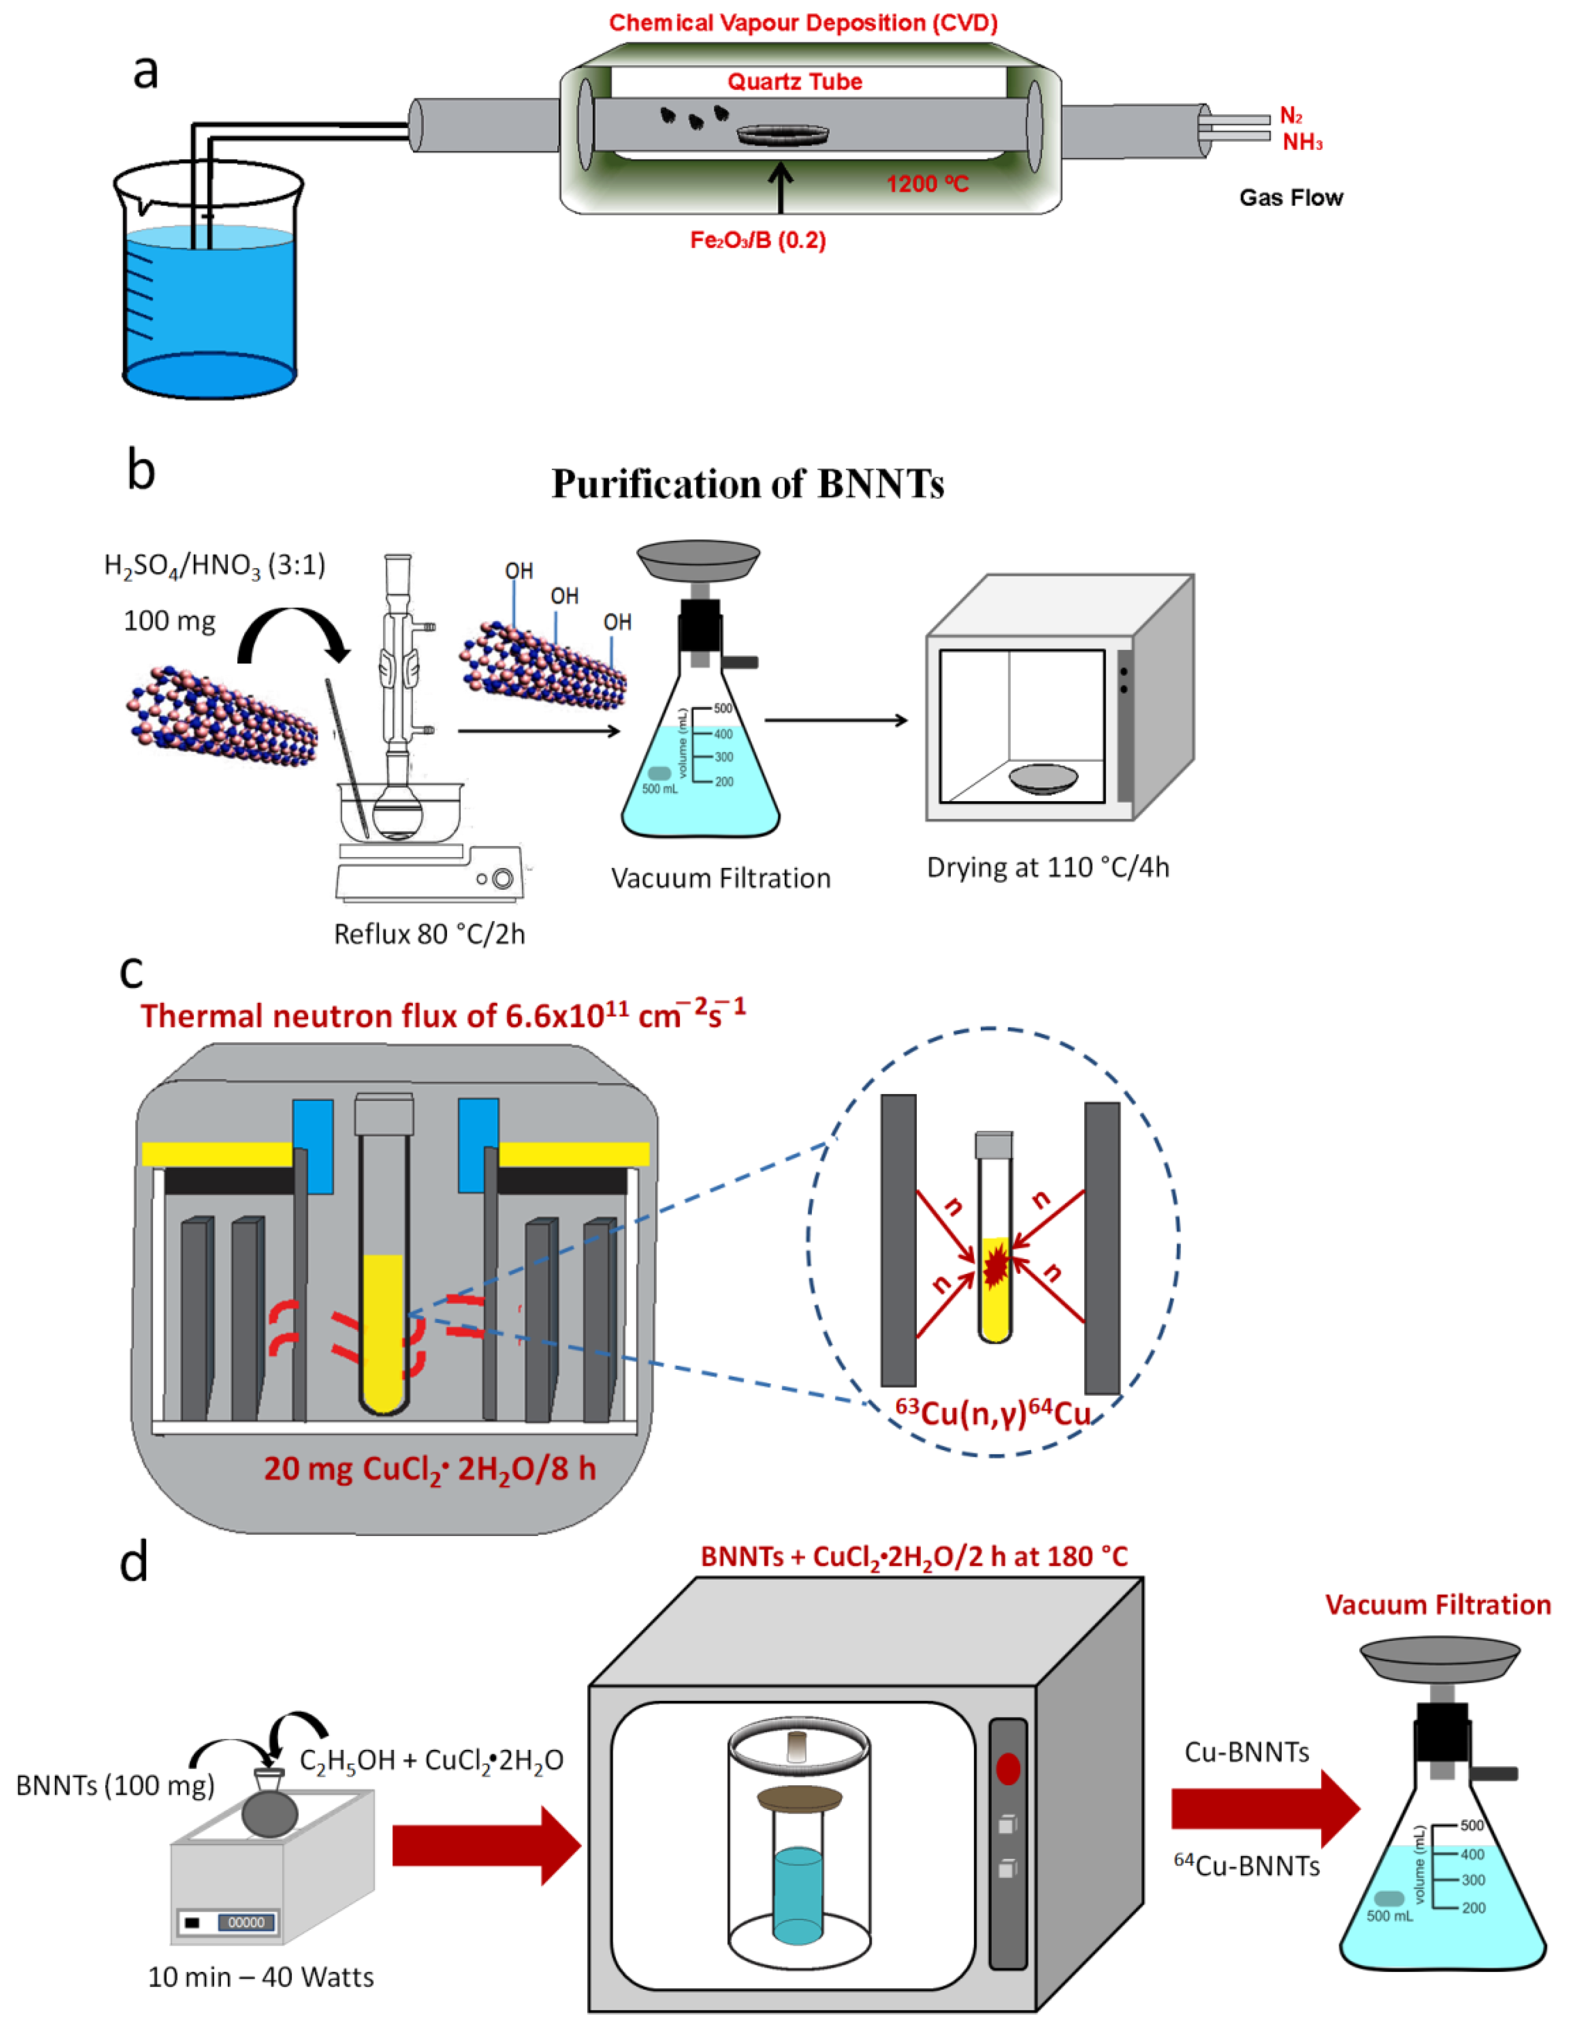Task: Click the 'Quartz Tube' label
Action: pyautogui.click(x=794, y=82)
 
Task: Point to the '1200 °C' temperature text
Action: pyautogui.click(x=926, y=184)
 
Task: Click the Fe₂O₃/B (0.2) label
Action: pyautogui.click(x=757, y=240)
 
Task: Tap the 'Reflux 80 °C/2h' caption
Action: pyautogui.click(x=429, y=934)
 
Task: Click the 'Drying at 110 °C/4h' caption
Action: pyautogui.click(x=1048, y=867)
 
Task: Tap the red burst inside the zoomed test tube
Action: pyautogui.click(x=994, y=1267)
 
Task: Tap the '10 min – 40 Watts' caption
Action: pyautogui.click(x=261, y=1977)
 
